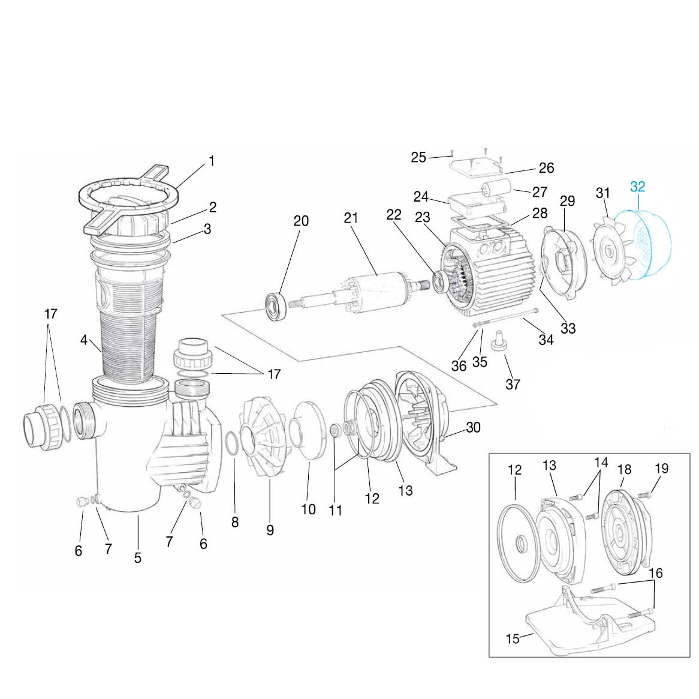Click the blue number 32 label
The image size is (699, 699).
[637, 187]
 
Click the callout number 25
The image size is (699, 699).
[418, 157]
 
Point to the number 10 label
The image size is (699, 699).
[308, 509]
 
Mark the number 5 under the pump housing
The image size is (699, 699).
[138, 558]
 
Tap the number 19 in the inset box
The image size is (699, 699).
[661, 469]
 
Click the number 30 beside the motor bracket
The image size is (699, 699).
[473, 427]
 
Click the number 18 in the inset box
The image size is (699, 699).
[624, 469]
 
